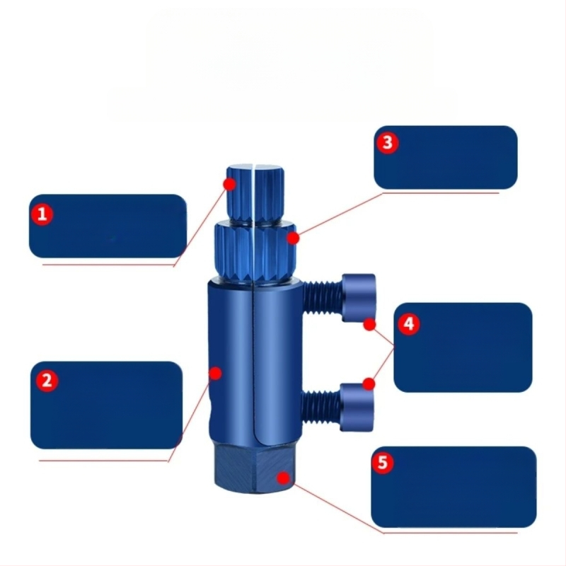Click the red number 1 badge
pyautogui.click(x=42, y=214)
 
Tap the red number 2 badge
pyautogui.click(x=47, y=381)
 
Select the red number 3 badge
pyautogui.click(x=387, y=143)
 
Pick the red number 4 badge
pyautogui.click(x=409, y=324)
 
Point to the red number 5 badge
pyautogui.click(x=383, y=462)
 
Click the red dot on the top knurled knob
pyautogui.click(x=229, y=184)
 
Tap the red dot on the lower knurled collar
pyautogui.click(x=294, y=238)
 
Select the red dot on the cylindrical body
pyautogui.click(x=216, y=374)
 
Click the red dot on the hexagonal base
pyautogui.click(x=284, y=478)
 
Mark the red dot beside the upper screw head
pyautogui.click(x=369, y=325)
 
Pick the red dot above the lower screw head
pyautogui.click(x=369, y=384)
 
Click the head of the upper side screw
pyautogui.click(x=359, y=298)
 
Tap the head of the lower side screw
pyautogui.click(x=357, y=408)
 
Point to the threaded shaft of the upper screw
pyautogui.click(x=323, y=298)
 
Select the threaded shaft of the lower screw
pyautogui.click(x=320, y=407)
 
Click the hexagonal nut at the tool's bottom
pyautogui.click(x=254, y=470)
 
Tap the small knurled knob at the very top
pyautogui.click(x=255, y=195)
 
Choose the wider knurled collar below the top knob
pyautogui.click(x=255, y=253)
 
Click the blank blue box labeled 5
pyautogui.click(x=454, y=487)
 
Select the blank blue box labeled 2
pyautogui.click(x=107, y=405)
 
